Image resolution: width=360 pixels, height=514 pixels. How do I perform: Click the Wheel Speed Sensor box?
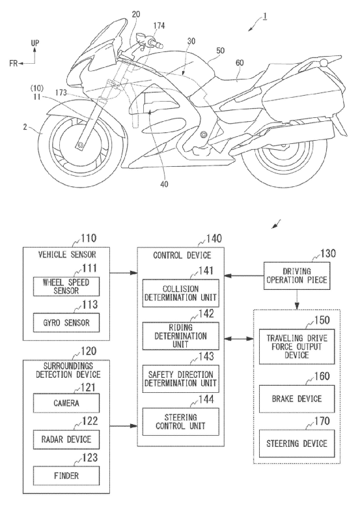[x=66, y=287]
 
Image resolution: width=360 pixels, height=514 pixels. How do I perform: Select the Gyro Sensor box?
[x=66, y=322]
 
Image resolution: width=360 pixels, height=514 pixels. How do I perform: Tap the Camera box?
[x=66, y=403]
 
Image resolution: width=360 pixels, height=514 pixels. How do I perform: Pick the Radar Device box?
[x=66, y=439]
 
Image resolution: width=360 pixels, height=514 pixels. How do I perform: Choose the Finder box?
[x=66, y=476]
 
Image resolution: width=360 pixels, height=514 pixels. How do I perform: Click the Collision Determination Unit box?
[x=181, y=293]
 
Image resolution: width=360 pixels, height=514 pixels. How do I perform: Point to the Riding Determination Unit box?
[x=181, y=336]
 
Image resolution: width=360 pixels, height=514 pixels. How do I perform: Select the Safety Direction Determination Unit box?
[x=181, y=378]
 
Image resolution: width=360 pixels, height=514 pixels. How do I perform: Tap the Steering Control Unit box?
[x=181, y=422]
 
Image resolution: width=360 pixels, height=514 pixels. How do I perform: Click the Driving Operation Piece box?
[x=297, y=276]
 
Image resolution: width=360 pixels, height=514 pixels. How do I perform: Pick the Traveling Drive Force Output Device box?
[x=297, y=347]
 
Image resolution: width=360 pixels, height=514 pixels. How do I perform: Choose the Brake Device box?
[x=297, y=399]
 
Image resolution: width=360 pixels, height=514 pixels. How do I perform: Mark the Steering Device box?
[x=297, y=444]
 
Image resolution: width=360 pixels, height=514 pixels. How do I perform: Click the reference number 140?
[x=214, y=238]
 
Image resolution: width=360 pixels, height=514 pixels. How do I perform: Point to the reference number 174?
[x=159, y=25]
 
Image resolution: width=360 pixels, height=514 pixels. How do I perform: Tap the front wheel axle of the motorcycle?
[x=79, y=145]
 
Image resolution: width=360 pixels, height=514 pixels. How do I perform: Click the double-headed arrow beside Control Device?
[x=239, y=338]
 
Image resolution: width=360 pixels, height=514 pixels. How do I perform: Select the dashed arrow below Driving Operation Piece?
[x=297, y=300]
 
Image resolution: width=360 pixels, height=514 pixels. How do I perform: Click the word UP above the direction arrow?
[x=35, y=43]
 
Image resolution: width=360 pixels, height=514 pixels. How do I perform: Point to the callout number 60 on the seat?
[x=240, y=63]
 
